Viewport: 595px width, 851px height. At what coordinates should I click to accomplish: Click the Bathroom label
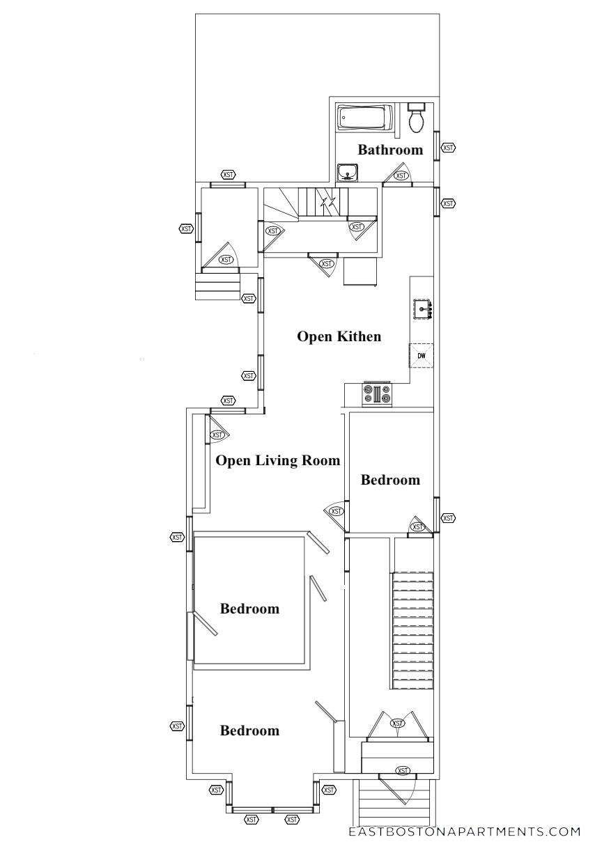pos(390,150)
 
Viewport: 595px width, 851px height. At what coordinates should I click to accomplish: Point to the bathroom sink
pos(347,171)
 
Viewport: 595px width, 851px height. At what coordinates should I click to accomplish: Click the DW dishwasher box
pos(422,356)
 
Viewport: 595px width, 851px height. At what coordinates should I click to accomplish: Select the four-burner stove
pos(377,395)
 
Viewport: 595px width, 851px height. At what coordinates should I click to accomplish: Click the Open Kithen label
pos(339,336)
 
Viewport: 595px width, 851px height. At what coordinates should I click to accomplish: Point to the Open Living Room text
pos(278,460)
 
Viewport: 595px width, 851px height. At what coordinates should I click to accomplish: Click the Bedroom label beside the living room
pos(390,480)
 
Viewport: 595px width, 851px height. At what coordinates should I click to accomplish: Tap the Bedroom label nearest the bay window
pos(249,731)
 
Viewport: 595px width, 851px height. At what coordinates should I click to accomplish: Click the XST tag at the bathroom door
pos(401,175)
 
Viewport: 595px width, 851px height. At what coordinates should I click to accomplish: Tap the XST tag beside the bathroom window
pos(448,148)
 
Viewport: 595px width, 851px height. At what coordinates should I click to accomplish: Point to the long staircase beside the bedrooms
pos(413,630)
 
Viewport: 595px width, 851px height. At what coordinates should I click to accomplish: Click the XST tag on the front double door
pos(398,724)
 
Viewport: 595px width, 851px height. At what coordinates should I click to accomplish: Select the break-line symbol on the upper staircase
pos(327,203)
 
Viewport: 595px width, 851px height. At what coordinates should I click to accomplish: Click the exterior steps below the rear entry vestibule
pos(217,286)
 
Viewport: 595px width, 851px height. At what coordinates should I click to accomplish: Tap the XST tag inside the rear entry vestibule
pos(226,260)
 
